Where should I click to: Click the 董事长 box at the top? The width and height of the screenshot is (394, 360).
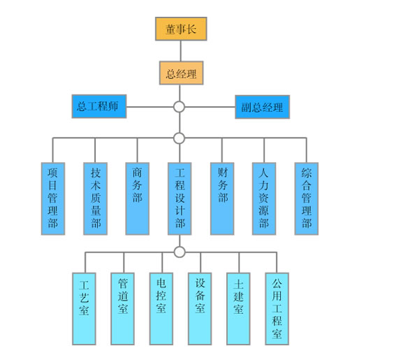[181, 29]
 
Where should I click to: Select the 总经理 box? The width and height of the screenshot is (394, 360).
[181, 73]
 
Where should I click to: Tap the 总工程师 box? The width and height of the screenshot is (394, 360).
[99, 106]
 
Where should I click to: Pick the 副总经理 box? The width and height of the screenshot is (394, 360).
[263, 107]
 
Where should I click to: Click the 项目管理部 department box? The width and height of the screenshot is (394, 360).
[53, 199]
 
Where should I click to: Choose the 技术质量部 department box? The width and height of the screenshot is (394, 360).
[96, 199]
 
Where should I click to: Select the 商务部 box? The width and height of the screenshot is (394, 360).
[138, 199]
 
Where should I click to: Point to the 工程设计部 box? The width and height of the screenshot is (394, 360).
[180, 199]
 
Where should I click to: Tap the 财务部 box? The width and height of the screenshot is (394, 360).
[222, 199]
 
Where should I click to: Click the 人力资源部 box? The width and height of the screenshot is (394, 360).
[264, 199]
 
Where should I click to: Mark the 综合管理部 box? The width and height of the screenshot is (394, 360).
[307, 199]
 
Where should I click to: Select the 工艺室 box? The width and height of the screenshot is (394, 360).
[84, 309]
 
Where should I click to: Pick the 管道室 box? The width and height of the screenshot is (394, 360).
[123, 309]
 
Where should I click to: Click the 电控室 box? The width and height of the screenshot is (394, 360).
[161, 309]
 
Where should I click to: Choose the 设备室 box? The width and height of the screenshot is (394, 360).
[200, 309]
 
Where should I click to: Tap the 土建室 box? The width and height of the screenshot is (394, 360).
[238, 309]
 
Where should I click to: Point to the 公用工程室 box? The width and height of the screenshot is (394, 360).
[277, 309]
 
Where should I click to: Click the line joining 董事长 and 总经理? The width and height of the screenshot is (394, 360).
[181, 51]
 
